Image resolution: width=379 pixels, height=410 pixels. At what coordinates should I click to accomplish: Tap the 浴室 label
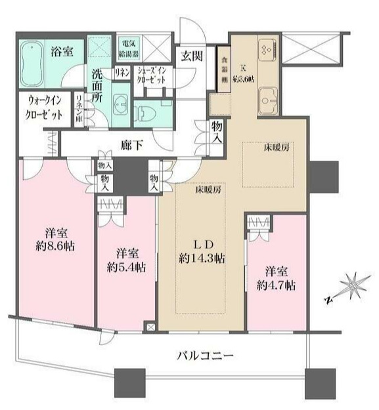(x=63, y=53)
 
